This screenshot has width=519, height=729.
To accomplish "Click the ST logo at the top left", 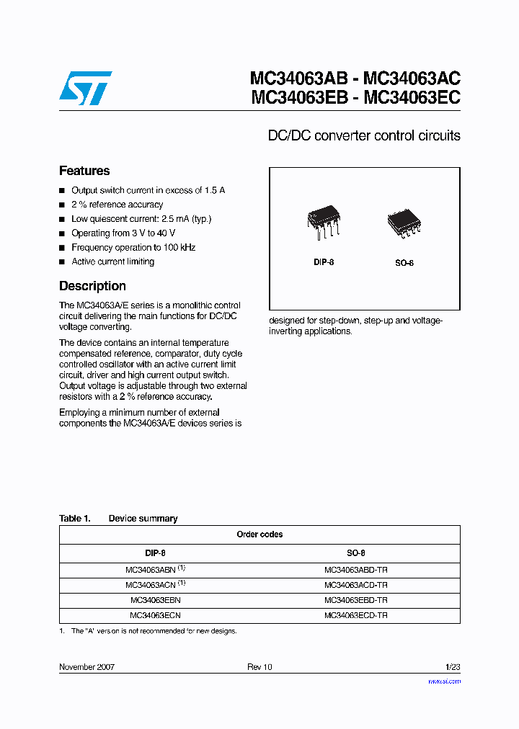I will [85, 86].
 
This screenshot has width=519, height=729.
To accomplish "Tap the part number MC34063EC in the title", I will [412, 97].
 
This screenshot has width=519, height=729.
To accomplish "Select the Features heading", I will [84, 171].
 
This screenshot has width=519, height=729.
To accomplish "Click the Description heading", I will [92, 286].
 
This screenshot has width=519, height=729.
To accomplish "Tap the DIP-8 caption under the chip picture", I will [324, 262].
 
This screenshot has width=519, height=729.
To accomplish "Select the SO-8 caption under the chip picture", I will [404, 263].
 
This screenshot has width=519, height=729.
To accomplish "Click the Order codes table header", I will [259, 535].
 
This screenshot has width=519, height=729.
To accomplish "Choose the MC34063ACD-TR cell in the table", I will [356, 584].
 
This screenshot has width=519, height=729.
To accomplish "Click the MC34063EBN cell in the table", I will [155, 599].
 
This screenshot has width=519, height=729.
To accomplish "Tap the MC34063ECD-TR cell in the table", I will [356, 615].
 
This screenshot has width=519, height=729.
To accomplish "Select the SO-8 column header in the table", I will [356, 553].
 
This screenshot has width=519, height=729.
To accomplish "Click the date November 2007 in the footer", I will [86, 667].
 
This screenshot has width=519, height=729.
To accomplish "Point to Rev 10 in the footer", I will [259, 667].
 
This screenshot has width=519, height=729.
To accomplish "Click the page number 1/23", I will [453, 667].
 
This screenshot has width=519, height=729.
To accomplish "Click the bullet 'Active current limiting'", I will [112, 261].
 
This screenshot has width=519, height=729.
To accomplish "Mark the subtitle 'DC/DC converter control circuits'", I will [364, 135].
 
